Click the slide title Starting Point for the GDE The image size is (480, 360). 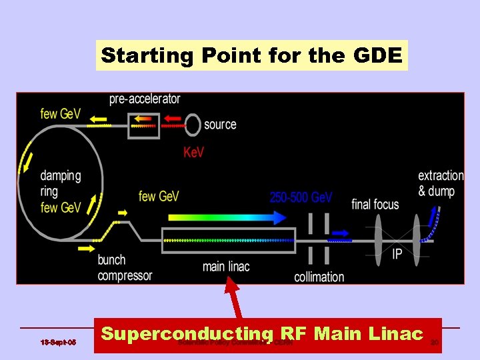[x=252, y=55]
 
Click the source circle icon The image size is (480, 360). [x=193, y=123]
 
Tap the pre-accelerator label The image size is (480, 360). [x=145, y=99]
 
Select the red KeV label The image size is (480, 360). [x=193, y=153]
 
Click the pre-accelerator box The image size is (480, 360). [x=143, y=123]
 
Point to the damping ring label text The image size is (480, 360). [x=61, y=183]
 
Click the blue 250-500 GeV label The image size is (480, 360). [x=301, y=197]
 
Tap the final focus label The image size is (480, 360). [x=375, y=204]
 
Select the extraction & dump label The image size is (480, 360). [x=441, y=183]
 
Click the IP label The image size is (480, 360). [x=397, y=254]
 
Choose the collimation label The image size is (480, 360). [x=319, y=277]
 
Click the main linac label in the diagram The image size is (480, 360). [x=226, y=267]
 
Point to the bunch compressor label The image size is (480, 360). [x=125, y=267]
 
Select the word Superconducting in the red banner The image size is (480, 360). [x=187, y=334]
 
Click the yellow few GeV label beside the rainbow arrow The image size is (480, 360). [x=159, y=196]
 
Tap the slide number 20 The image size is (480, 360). [x=434, y=343]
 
